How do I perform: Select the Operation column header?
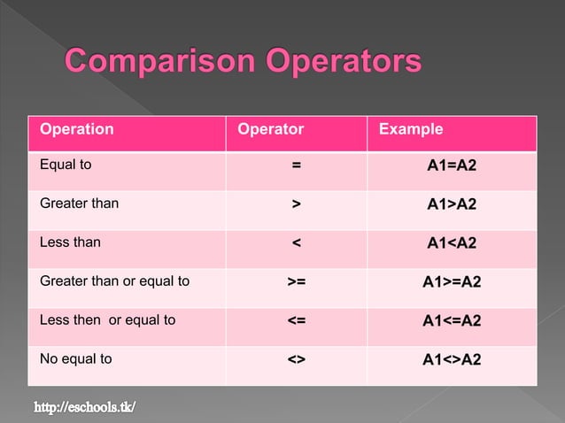pyautogui.click(x=77, y=129)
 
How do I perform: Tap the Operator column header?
pyautogui.click(x=271, y=129)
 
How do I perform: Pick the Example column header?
pyautogui.click(x=411, y=129)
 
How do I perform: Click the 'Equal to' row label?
pyautogui.click(x=66, y=165)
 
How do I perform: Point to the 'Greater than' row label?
pyautogui.click(x=79, y=204)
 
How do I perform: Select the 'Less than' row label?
pyautogui.click(x=70, y=242)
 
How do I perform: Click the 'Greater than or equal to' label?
pyautogui.click(x=114, y=281)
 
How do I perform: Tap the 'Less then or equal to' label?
pyautogui.click(x=107, y=320)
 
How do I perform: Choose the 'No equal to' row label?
pyautogui.click(x=76, y=359)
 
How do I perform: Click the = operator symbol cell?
pyautogui.click(x=297, y=165)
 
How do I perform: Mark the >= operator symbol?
pyautogui.click(x=297, y=282)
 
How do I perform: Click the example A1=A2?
pyautogui.click(x=452, y=165)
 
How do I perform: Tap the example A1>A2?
pyautogui.click(x=452, y=204)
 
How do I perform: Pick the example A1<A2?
pyautogui.click(x=452, y=243)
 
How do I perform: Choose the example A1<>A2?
pyautogui.click(x=452, y=360)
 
